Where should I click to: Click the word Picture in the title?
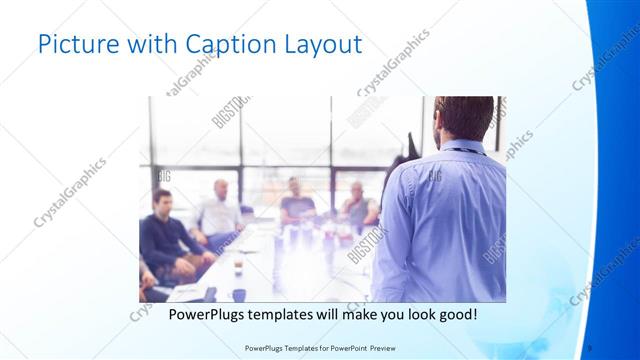pyautogui.click(x=71, y=45)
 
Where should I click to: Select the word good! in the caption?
pyautogui.click(x=455, y=314)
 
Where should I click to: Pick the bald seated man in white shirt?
pyautogui.click(x=220, y=210)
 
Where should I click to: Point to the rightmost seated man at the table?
pyautogui.click(x=357, y=206)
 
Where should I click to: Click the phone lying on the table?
pyautogui.click(x=209, y=293)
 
